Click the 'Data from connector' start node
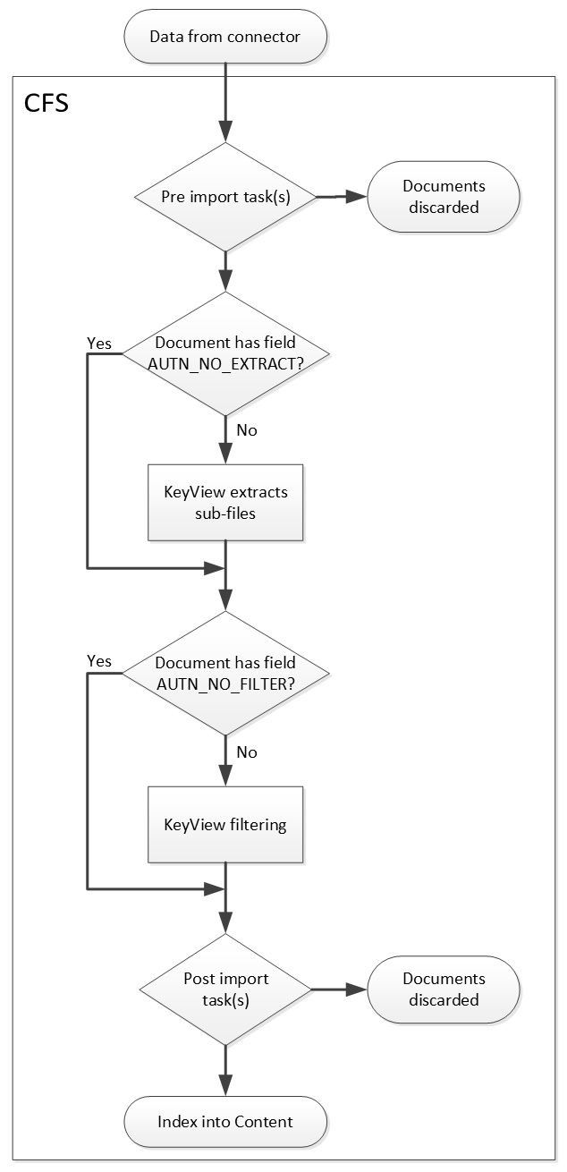click(x=224, y=37)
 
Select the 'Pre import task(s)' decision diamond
click(x=224, y=197)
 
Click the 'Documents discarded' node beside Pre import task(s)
click(x=444, y=197)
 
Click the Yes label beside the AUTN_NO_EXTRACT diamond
click(x=98, y=343)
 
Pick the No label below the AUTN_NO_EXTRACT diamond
click(x=247, y=430)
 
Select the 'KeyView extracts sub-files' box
click(x=225, y=502)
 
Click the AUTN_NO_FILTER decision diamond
click(x=224, y=673)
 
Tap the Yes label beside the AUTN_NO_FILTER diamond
click(x=98, y=660)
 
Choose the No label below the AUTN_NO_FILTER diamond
click(x=247, y=752)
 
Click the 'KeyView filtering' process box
click(x=225, y=824)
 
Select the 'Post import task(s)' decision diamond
click(x=225, y=989)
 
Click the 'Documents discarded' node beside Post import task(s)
click(x=444, y=989)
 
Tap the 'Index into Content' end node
click(x=224, y=1121)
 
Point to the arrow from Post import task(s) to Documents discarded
click(x=340, y=989)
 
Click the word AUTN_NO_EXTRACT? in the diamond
click(x=225, y=361)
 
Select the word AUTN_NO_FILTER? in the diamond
click(x=225, y=683)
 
